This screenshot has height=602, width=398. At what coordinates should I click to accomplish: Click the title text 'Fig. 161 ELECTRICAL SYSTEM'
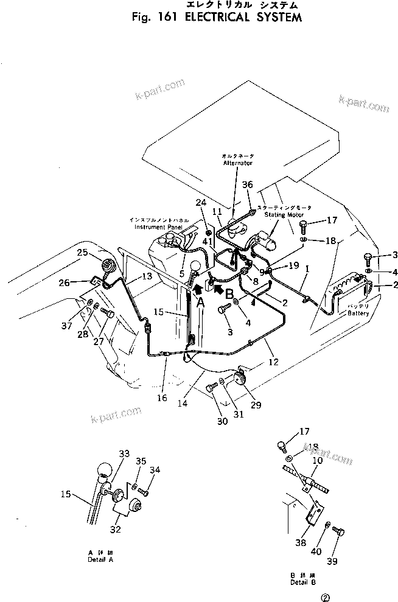(216, 18)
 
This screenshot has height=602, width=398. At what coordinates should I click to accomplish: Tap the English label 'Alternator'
(237, 163)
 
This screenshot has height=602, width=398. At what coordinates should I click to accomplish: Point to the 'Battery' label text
(358, 313)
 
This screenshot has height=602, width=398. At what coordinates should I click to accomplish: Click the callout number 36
(247, 184)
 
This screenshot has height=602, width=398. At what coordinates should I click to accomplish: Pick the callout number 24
(201, 203)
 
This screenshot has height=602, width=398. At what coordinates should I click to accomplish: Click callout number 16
(162, 398)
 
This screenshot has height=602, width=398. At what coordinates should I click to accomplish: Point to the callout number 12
(273, 362)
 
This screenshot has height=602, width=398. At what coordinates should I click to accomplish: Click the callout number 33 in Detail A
(125, 453)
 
